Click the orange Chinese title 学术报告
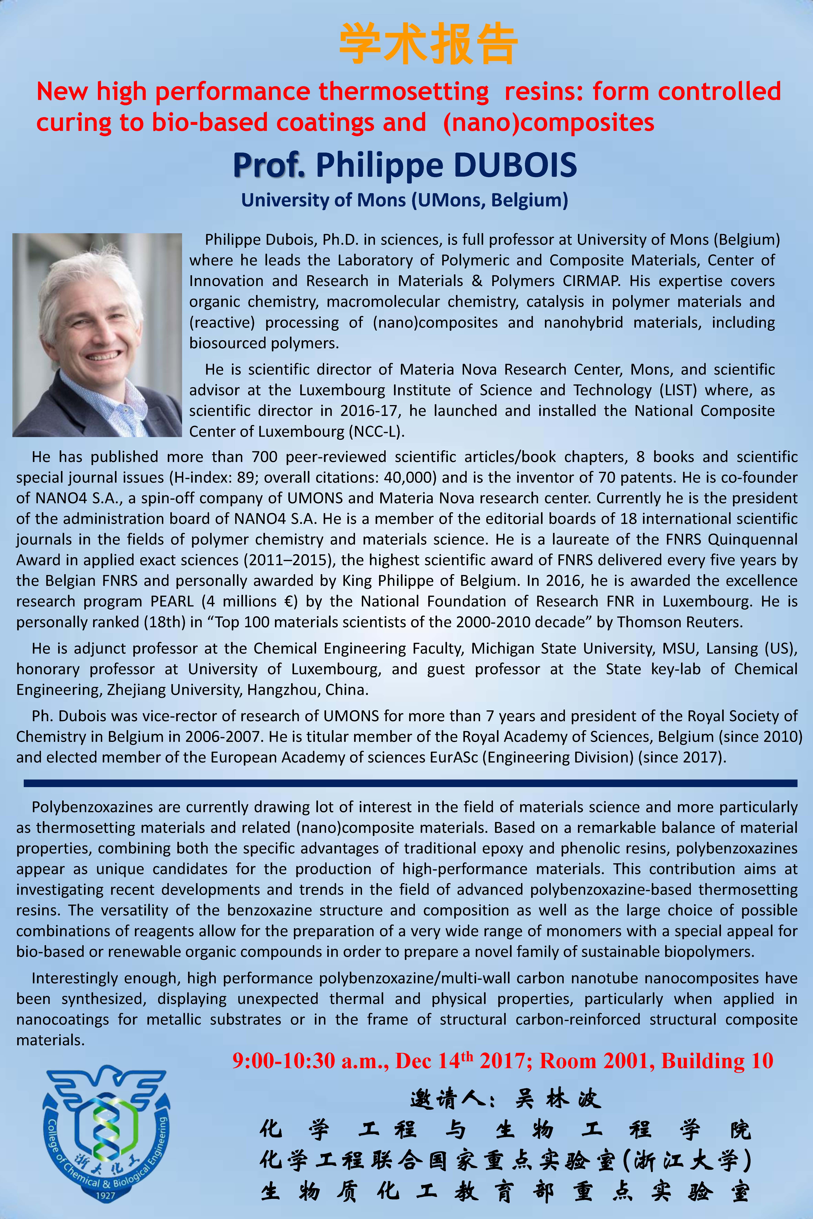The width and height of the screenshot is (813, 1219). (428, 44)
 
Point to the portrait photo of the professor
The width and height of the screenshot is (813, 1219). (97, 335)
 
